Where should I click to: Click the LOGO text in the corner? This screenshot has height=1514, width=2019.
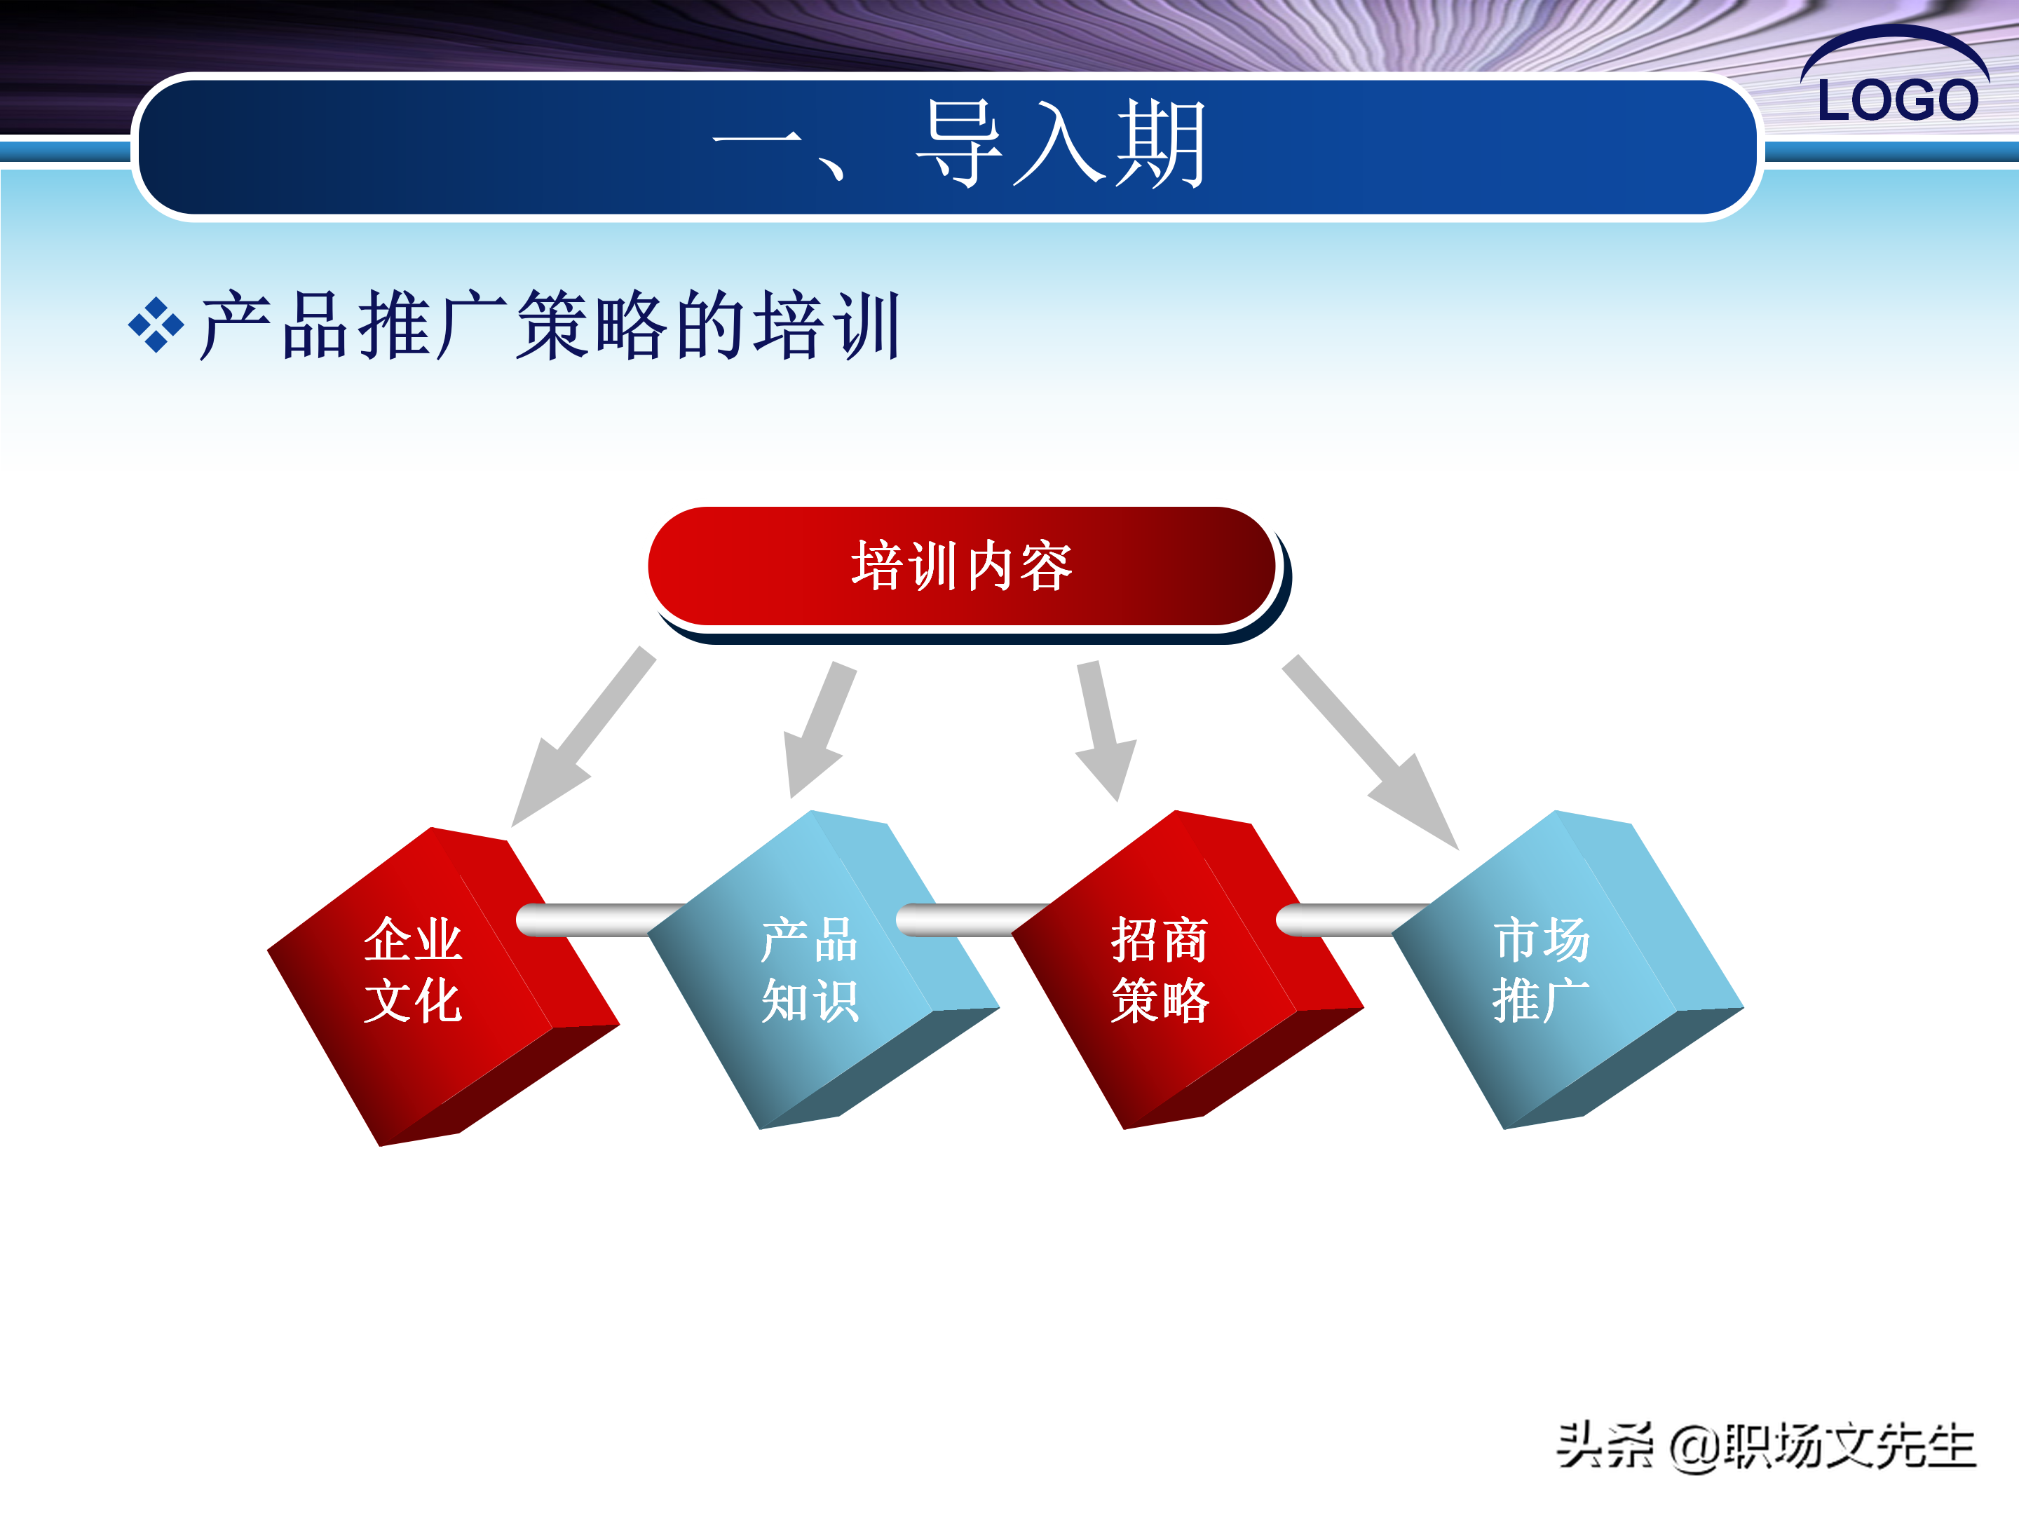click(1898, 99)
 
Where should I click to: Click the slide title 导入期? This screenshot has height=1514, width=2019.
click(1061, 143)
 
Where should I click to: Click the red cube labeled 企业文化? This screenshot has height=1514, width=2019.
click(442, 986)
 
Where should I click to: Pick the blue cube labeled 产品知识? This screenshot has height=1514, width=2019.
click(823, 970)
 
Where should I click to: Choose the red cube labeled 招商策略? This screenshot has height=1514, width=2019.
click(1188, 970)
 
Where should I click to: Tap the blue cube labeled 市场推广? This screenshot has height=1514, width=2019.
click(1568, 970)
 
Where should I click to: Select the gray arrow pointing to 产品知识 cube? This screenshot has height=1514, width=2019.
click(820, 730)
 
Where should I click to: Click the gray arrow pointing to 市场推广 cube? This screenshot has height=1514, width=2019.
click(1370, 752)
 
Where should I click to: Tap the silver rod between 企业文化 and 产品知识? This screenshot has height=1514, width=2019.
click(602, 920)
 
